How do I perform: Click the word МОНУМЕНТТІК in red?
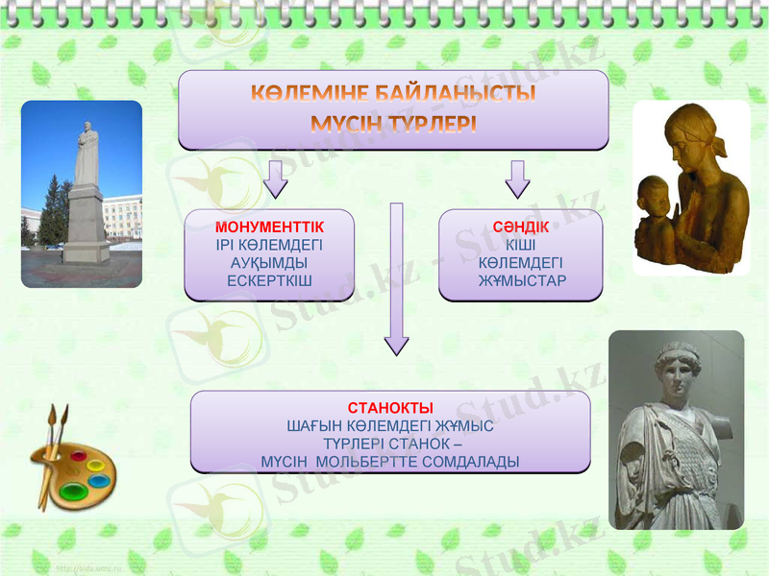pyautogui.click(x=269, y=227)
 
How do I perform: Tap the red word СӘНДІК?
pyautogui.click(x=520, y=227)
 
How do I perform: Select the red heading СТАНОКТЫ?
pyautogui.click(x=389, y=408)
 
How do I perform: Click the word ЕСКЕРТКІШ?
pyautogui.click(x=269, y=280)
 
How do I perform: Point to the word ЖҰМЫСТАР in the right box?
pyautogui.click(x=522, y=280)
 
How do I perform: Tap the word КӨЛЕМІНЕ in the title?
pyautogui.click(x=310, y=95)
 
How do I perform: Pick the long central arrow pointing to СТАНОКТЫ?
pyautogui.click(x=396, y=278)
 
